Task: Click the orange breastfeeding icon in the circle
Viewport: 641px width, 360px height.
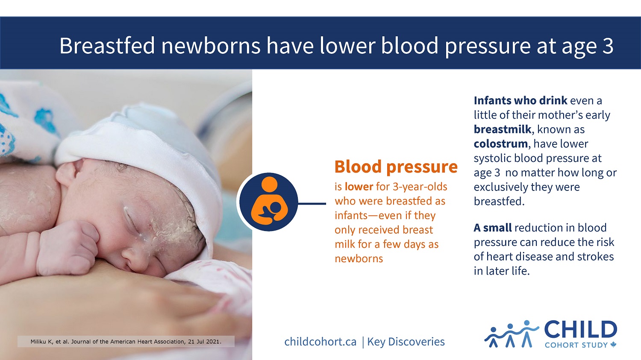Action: click(268, 202)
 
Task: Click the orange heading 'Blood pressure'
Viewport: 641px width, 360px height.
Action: click(396, 167)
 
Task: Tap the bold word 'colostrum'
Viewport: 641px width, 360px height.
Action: click(500, 144)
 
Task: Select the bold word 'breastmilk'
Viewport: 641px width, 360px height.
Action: click(502, 129)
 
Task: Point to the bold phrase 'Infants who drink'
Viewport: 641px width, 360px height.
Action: click(520, 101)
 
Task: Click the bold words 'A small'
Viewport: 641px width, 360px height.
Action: click(492, 228)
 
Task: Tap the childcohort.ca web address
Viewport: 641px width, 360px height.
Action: click(320, 342)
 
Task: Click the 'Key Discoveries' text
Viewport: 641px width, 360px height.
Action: click(406, 342)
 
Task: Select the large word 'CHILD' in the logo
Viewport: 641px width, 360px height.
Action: click(580, 330)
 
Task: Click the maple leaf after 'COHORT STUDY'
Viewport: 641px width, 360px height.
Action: click(614, 345)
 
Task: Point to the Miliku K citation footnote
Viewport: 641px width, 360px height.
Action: click(126, 342)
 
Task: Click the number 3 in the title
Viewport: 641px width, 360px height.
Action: click(608, 46)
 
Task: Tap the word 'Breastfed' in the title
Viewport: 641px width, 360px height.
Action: click(107, 46)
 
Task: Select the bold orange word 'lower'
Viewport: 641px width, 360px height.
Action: click(359, 187)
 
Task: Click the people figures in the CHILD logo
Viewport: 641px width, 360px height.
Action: click(511, 334)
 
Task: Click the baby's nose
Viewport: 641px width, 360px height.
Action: click(130, 257)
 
